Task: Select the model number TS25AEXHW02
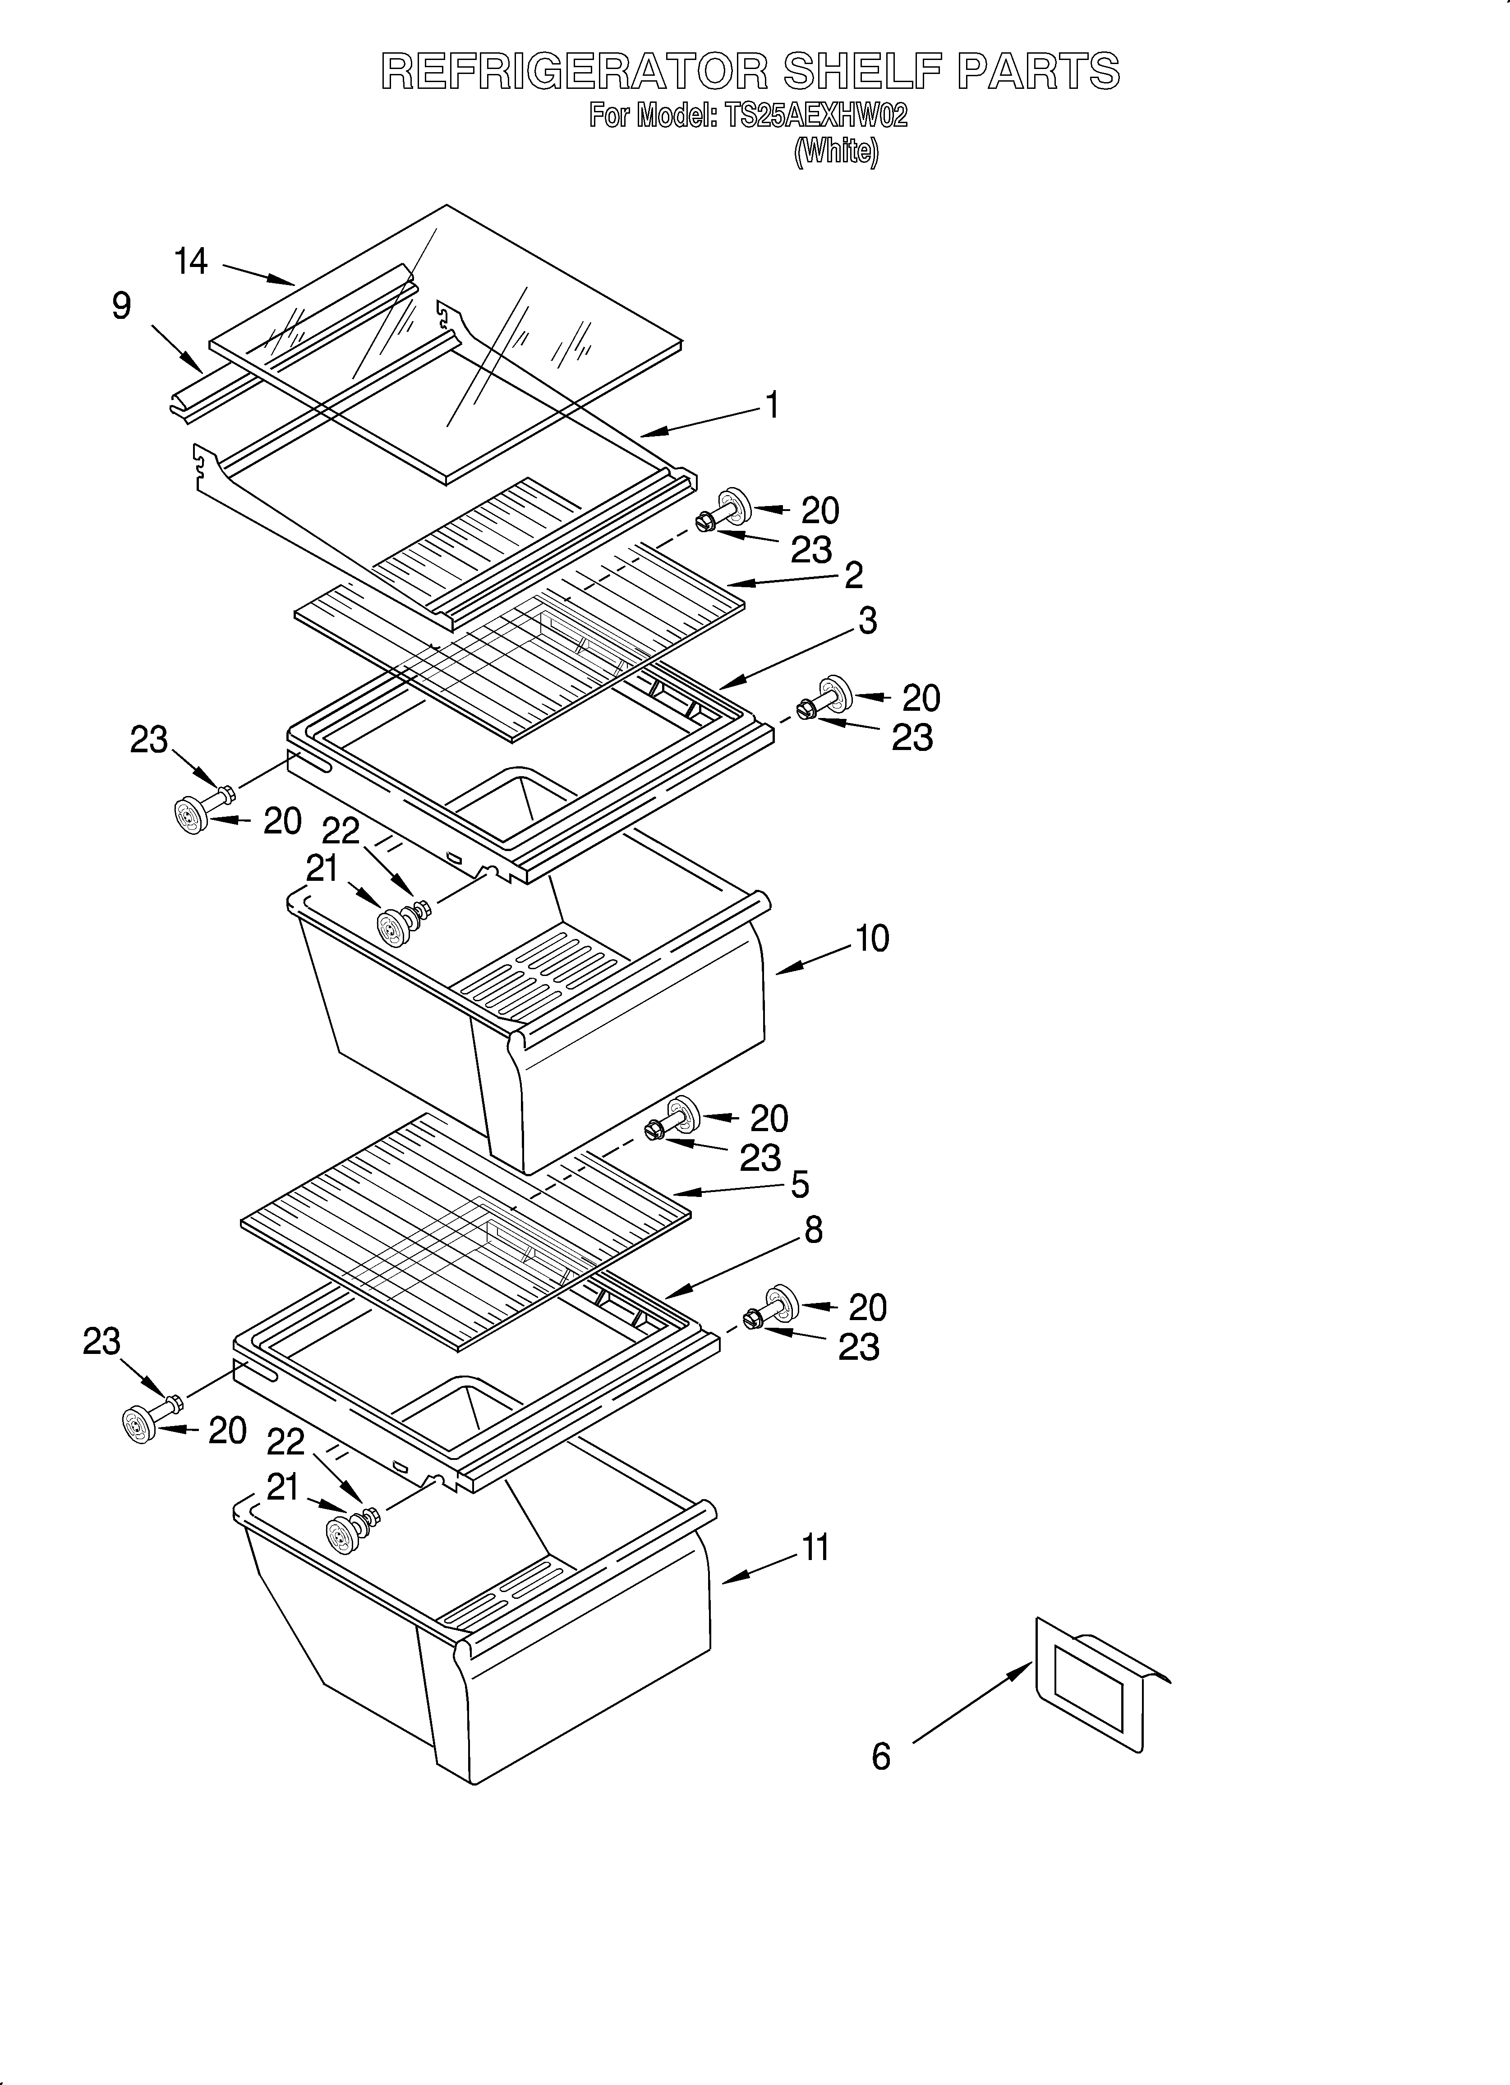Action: click(816, 117)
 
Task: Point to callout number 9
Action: click(121, 306)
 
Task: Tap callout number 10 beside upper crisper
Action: click(872, 939)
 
